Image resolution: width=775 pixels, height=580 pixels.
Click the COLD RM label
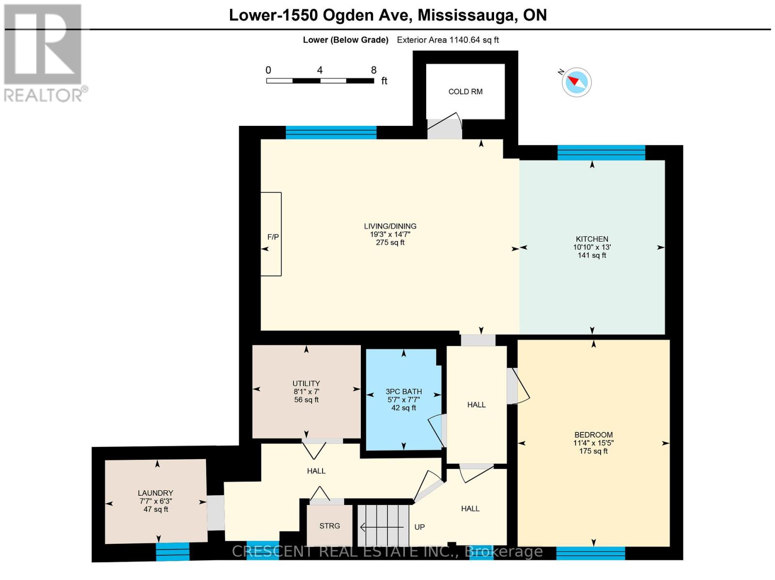(x=465, y=92)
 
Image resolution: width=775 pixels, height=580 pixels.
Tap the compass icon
(x=576, y=82)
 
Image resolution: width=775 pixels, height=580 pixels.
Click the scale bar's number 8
(x=373, y=70)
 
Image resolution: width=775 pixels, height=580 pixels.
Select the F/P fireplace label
(x=273, y=237)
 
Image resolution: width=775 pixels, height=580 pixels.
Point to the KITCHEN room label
(x=591, y=239)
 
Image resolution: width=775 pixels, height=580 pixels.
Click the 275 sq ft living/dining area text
(x=390, y=243)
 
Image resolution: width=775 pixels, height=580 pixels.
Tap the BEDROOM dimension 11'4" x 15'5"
(x=593, y=443)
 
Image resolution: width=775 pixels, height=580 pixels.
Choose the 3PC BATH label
(x=403, y=391)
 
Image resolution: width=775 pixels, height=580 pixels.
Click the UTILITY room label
(x=306, y=383)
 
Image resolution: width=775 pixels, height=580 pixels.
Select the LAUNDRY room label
(x=155, y=493)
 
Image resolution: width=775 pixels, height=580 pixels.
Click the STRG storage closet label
(x=329, y=526)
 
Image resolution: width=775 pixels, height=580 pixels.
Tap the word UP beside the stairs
(x=419, y=527)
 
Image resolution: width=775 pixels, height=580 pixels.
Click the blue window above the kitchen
(x=601, y=153)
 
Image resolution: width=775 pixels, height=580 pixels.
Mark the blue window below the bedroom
(x=590, y=552)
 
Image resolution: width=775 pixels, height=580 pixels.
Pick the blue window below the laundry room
(x=172, y=551)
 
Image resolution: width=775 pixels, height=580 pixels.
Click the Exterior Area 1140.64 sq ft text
(x=448, y=40)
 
